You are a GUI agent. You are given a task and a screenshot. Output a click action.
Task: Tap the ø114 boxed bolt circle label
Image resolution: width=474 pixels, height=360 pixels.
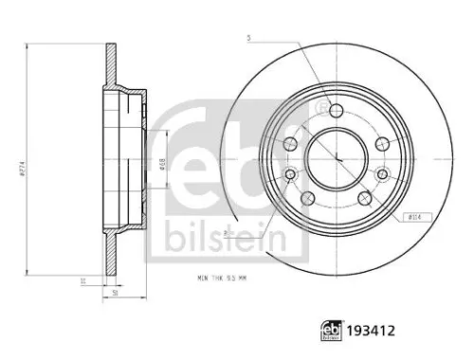point(414,216)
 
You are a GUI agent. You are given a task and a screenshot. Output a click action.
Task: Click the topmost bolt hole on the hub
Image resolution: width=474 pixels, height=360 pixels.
point(335,109)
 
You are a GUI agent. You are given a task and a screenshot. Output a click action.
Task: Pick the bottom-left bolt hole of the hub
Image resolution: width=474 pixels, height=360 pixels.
point(307,196)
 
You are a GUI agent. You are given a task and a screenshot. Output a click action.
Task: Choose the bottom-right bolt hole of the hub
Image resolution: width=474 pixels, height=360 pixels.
point(363,196)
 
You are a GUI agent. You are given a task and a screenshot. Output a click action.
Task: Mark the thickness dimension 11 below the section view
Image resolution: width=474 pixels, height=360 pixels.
point(83,280)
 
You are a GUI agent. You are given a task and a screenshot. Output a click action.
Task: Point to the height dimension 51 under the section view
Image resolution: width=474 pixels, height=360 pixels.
point(116,294)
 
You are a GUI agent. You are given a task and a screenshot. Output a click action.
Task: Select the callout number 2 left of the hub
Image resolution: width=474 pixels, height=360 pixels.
point(226,231)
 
